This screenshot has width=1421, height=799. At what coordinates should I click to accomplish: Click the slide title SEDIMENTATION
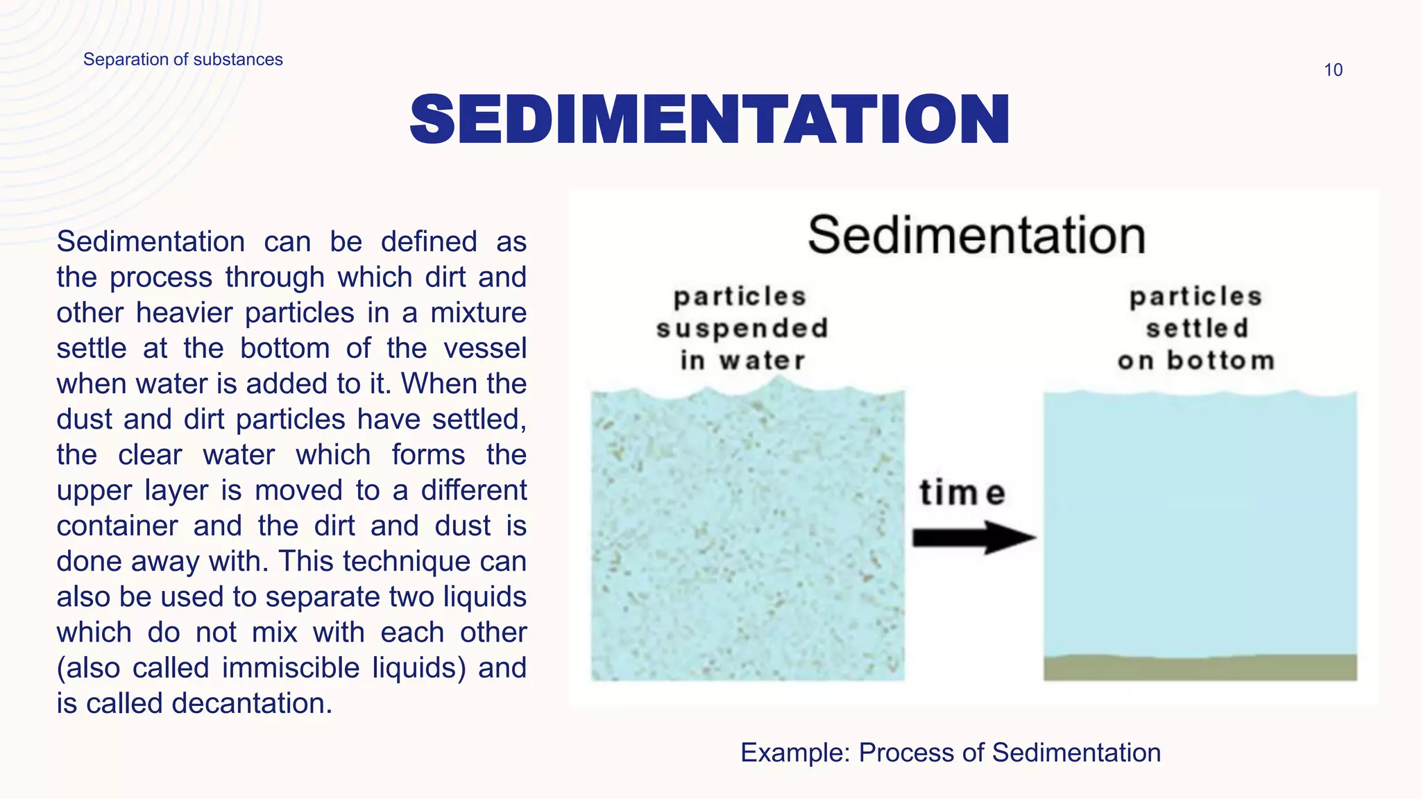click(709, 120)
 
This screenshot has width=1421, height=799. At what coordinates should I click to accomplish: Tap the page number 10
click(1333, 70)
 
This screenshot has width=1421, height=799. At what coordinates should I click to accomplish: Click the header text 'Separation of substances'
click(182, 60)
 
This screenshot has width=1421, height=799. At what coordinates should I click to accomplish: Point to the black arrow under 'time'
click(973, 538)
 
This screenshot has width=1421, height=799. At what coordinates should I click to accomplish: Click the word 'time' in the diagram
click(962, 493)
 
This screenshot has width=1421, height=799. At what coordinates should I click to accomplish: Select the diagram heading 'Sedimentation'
click(976, 236)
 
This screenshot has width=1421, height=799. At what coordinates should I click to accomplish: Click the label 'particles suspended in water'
click(741, 328)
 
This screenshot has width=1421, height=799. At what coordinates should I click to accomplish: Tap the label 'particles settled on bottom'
click(1196, 328)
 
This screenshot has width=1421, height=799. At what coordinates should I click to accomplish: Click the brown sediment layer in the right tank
click(1200, 667)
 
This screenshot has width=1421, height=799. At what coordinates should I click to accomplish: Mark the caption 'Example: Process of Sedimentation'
click(950, 753)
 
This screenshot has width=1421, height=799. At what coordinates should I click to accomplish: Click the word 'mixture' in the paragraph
click(478, 313)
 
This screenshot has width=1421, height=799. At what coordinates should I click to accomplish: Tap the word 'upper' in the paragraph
click(94, 490)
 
